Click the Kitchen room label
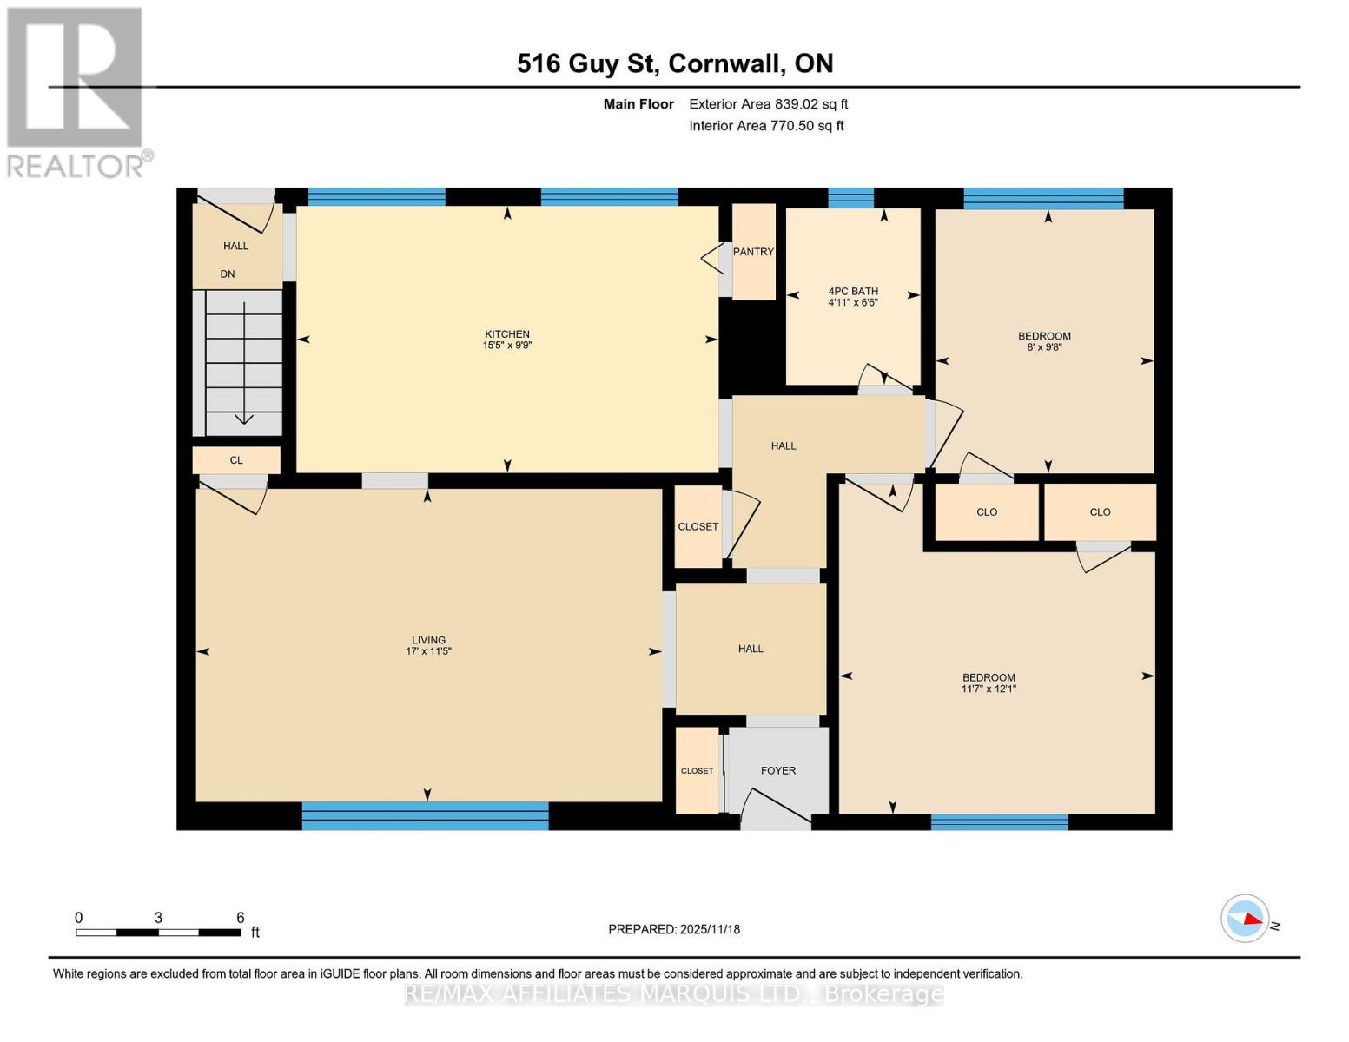pos(506,334)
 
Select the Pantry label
pos(752,252)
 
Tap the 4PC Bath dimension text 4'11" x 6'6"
pos(852,303)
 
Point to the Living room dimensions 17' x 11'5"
pos(428,651)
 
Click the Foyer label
pos(777,770)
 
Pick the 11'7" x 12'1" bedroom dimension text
pos(989,689)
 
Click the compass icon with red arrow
pos(1245,918)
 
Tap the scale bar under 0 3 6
pos(158,933)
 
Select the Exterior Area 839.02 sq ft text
pos(768,104)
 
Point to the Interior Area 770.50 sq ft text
pos(766,126)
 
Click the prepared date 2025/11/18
pos(674,929)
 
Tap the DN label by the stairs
pos(228,274)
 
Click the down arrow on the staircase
pos(244,418)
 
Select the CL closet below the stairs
pos(236,460)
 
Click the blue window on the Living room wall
pos(425,815)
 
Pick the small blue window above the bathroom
pos(850,198)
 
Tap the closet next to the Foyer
pos(698,770)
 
